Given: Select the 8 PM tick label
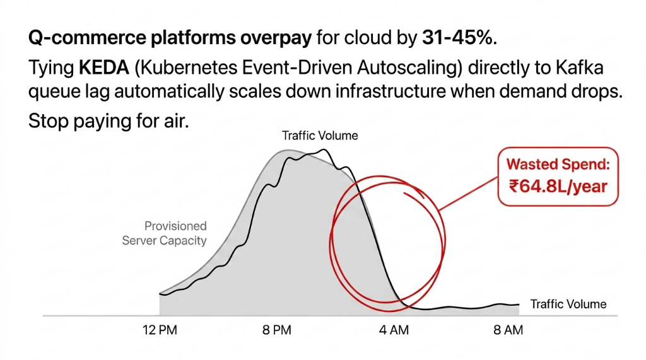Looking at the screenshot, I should click(278, 330).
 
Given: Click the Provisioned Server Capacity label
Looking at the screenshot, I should click(165, 233).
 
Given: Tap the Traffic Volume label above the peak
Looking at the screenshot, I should click(320, 136).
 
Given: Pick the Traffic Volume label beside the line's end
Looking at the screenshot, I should click(568, 305).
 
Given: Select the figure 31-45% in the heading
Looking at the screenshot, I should click(457, 38).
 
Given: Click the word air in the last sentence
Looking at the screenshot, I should click(175, 120).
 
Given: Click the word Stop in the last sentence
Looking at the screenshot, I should click(48, 120).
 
